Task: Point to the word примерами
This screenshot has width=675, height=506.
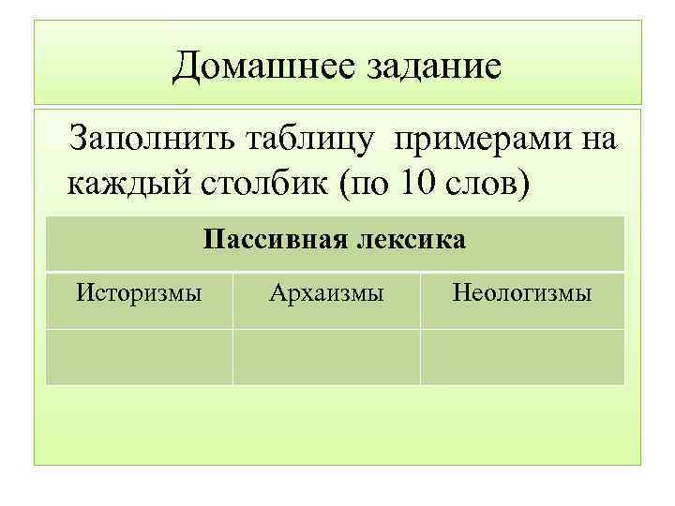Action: [479, 140]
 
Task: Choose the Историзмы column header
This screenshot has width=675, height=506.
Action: [139, 293]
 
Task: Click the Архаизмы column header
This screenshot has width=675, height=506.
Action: [326, 293]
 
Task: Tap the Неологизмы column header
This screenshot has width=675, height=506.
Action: [521, 293]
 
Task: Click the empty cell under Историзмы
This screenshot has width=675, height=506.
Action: [139, 356]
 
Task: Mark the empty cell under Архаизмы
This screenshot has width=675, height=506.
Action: [326, 356]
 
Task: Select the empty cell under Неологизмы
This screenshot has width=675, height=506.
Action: [521, 356]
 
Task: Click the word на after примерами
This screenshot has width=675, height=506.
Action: [597, 141]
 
